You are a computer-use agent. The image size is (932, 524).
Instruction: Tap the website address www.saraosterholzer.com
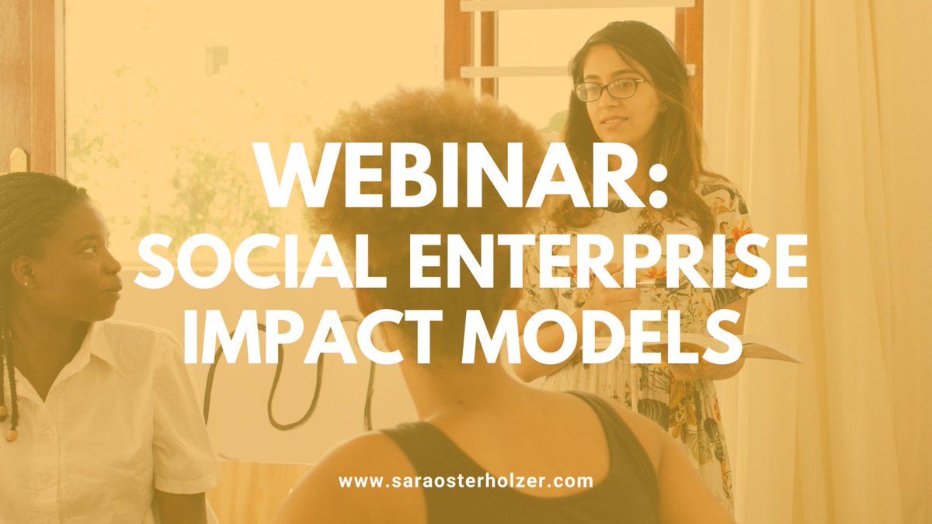[x=466, y=481]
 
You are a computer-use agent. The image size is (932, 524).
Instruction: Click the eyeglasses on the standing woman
[x=609, y=90]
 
